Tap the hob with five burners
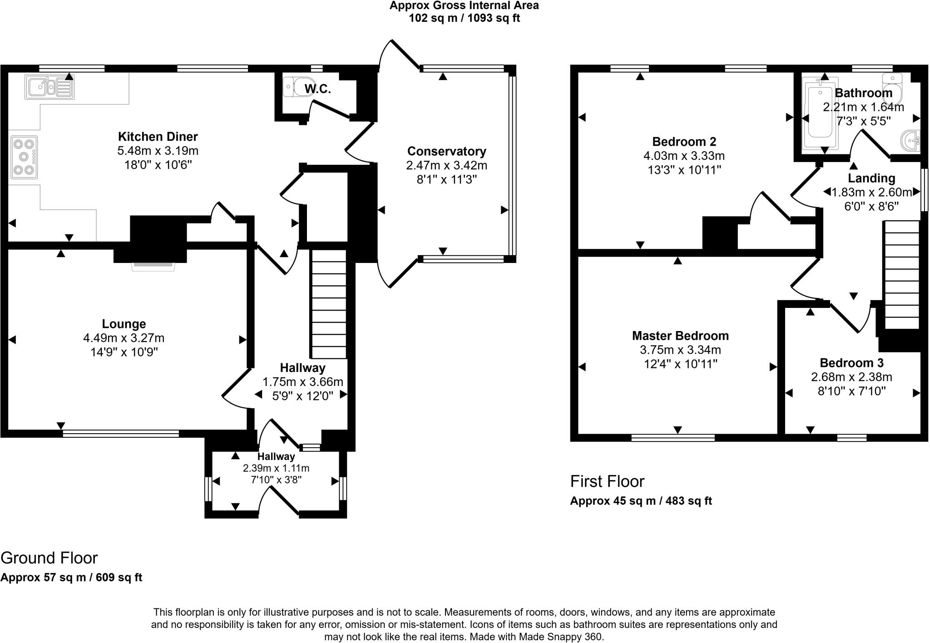tap(24, 157)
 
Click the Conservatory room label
tap(446, 151)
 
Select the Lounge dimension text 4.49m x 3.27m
tap(124, 338)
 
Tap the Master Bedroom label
tap(680, 336)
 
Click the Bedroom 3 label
tap(851, 363)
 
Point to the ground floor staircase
tap(328, 304)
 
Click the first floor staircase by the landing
tap(901, 275)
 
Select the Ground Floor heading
tap(49, 558)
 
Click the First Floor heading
tap(607, 481)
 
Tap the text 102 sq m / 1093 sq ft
tap(464, 18)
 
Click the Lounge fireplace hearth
tap(153, 267)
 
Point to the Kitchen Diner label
tap(158, 137)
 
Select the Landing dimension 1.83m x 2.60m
tap(871, 193)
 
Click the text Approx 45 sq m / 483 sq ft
tap(641, 501)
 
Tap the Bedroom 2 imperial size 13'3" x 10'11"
tap(684, 170)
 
